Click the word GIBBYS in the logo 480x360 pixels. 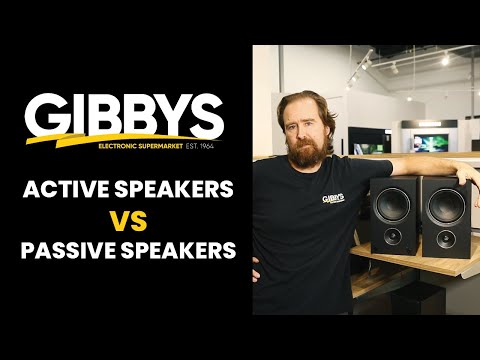[x=124, y=119]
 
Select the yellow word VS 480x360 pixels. [x=124, y=220]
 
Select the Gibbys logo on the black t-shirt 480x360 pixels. [x=333, y=197]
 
